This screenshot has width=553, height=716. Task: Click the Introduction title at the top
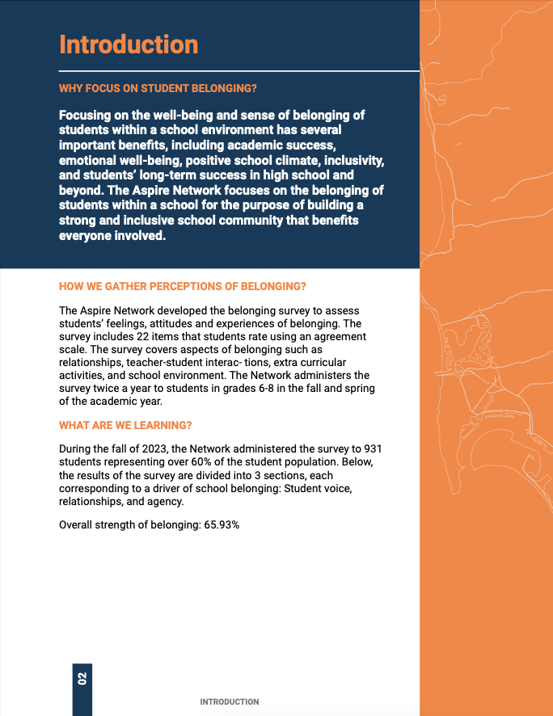[x=129, y=44]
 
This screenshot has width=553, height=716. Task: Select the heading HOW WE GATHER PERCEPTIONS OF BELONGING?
[x=183, y=287]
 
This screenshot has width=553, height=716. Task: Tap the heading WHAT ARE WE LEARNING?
[x=125, y=425]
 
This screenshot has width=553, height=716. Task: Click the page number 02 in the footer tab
[x=82, y=678]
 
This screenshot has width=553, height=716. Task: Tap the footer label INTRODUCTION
[x=230, y=702]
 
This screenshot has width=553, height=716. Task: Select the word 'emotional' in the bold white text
[x=87, y=160]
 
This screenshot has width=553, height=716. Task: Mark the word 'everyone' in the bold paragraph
[x=86, y=236]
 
